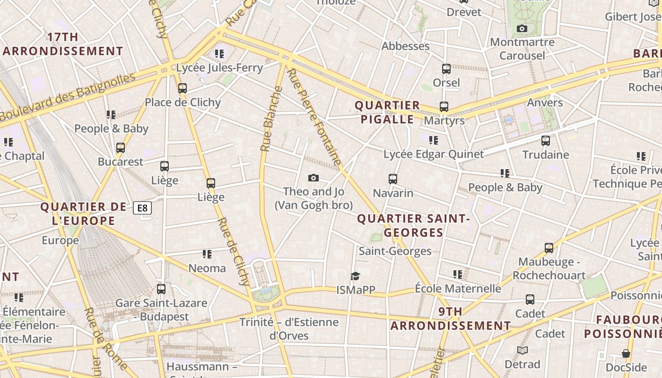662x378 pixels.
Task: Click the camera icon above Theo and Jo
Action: point(313,178)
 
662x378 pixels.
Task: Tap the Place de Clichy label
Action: point(183,103)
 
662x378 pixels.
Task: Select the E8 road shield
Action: point(142,208)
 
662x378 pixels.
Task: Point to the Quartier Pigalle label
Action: point(387,112)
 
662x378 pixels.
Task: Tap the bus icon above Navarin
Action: point(393,179)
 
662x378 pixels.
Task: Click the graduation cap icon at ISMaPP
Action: point(355,276)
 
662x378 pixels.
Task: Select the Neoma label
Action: point(207,268)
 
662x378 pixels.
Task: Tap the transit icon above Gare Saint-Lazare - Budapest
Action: point(161,289)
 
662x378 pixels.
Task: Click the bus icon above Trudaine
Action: point(546,141)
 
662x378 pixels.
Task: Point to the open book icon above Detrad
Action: point(522,350)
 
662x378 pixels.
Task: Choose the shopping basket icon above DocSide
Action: point(626,353)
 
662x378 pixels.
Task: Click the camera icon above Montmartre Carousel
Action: point(522,29)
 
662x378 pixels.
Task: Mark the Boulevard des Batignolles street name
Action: point(68,97)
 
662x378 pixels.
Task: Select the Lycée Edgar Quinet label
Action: point(434,155)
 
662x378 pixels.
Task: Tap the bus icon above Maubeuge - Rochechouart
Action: point(549,248)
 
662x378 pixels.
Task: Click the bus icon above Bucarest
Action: point(121,148)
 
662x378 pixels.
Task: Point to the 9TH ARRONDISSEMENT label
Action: point(451,319)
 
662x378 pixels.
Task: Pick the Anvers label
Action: point(545,103)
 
